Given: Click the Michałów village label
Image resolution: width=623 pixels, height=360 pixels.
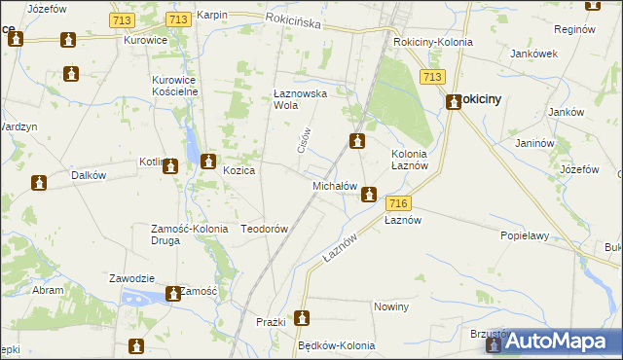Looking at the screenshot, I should coord(335,186).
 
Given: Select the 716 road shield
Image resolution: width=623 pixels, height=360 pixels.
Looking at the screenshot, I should coord(396,203).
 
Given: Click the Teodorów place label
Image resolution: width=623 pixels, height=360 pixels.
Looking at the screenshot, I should coord(264,229).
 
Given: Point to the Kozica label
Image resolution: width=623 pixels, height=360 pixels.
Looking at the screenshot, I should coord(238,170).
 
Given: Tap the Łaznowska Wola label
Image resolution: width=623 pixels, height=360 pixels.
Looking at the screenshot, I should coord(298,100).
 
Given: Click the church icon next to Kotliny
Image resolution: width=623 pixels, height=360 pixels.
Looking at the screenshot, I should coord(171,166).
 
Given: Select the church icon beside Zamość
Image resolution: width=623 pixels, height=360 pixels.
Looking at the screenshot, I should coord(173,293).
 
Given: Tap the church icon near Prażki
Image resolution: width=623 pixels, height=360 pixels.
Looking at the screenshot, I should coord(302,318).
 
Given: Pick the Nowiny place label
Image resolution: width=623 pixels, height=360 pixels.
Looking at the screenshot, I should coord(390,306).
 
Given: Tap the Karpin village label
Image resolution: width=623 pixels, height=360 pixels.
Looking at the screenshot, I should coord(211,16).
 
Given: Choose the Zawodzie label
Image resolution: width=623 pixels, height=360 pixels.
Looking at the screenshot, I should coord(132,277).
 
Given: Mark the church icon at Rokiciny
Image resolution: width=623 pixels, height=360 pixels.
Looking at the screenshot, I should coord(454,100).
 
